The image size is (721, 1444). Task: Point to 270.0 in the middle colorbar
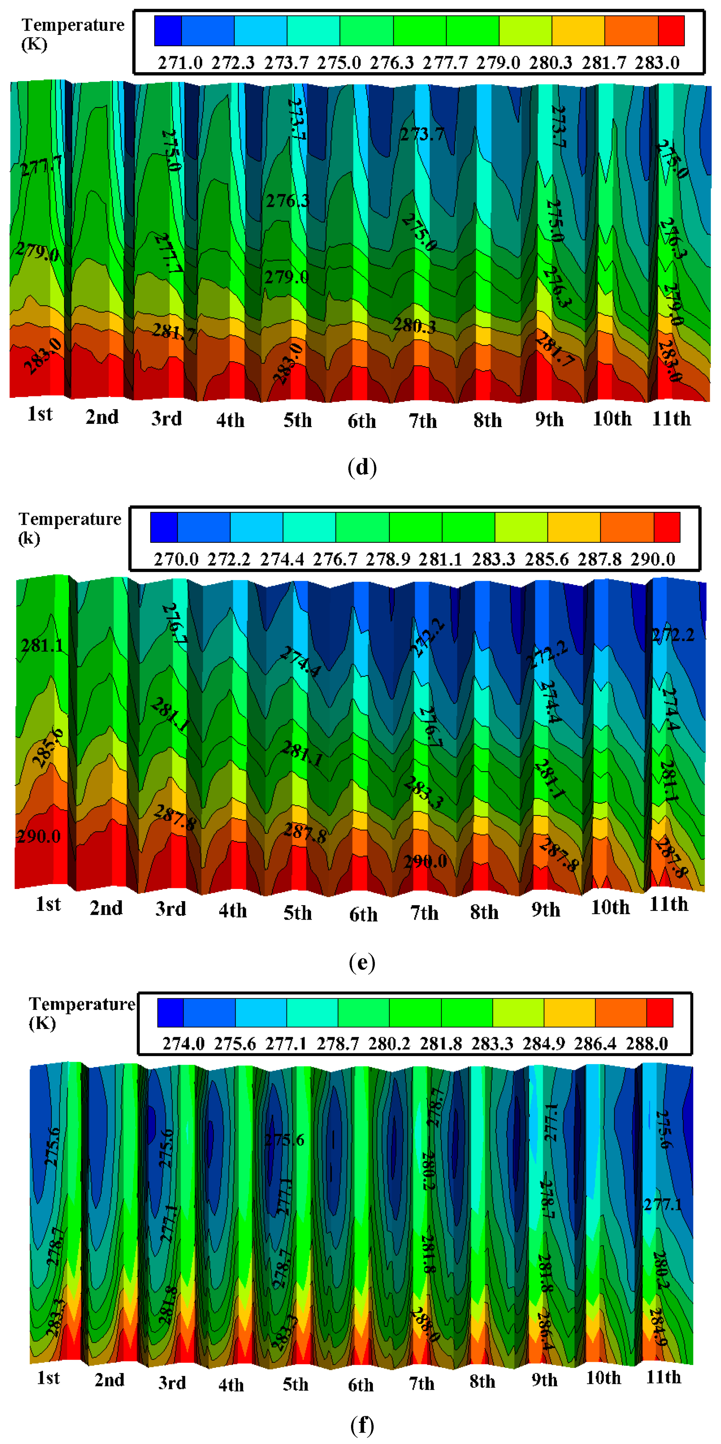(176, 559)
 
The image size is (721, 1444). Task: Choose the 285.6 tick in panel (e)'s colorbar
(546, 559)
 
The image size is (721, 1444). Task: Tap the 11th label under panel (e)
(668, 904)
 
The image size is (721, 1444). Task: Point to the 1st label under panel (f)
(48, 1377)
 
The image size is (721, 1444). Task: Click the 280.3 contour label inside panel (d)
(414, 325)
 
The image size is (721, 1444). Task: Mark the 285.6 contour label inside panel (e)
(48, 747)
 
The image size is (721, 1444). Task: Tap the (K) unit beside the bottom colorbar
(42, 1023)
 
